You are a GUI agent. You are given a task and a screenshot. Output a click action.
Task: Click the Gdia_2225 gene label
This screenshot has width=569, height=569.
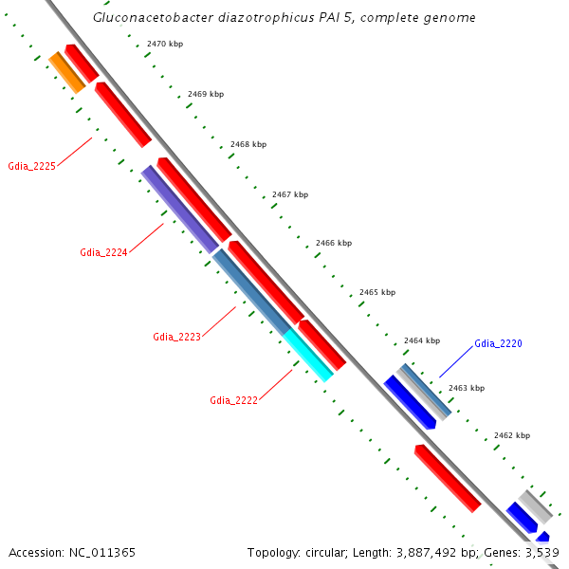click(x=31, y=166)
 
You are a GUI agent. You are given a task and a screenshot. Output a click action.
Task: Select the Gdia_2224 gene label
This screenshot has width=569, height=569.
click(x=103, y=252)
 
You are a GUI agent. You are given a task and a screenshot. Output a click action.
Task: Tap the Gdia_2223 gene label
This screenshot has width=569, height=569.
click(x=176, y=337)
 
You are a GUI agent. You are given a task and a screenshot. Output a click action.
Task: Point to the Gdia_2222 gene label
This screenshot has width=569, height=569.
click(x=233, y=400)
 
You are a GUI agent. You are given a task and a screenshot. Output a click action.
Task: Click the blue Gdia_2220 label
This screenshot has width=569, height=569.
click(x=498, y=343)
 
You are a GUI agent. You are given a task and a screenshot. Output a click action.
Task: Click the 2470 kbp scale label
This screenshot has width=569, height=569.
click(x=165, y=45)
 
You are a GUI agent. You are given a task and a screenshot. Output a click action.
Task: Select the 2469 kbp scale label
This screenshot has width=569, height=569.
click(x=206, y=94)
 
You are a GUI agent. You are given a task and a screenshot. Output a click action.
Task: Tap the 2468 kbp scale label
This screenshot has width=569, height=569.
click(x=248, y=144)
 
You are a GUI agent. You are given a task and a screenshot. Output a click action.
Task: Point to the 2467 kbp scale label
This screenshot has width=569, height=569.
click(x=290, y=194)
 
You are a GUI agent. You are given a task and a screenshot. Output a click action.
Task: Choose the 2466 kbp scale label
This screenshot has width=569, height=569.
click(x=333, y=243)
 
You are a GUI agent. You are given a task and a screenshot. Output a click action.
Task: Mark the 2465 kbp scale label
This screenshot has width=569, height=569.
click(x=377, y=292)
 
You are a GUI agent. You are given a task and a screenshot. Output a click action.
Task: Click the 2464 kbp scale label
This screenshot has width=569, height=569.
click(x=422, y=340)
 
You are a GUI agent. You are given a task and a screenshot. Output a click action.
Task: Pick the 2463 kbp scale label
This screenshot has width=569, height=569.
click(x=466, y=388)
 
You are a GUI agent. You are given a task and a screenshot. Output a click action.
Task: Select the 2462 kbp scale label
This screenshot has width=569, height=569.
click(x=512, y=435)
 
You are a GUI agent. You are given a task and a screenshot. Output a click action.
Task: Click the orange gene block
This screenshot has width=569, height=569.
click(x=67, y=72)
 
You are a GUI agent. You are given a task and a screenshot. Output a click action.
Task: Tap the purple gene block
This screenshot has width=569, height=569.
click(x=179, y=209)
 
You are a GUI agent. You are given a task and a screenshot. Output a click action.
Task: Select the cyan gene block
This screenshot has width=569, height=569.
click(x=308, y=355)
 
